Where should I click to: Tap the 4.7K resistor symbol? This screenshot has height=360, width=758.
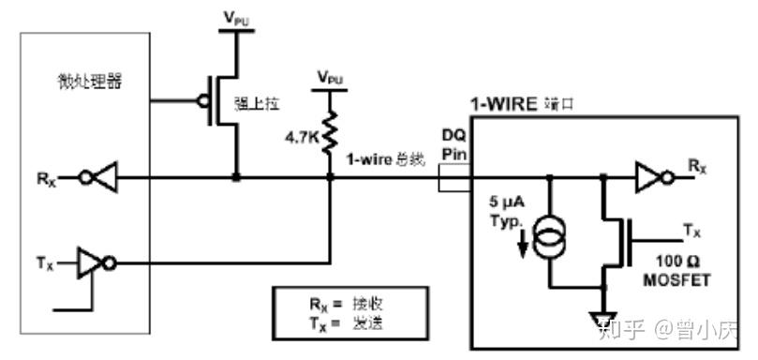pos(331,130)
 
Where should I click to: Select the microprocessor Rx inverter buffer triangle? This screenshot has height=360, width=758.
pos(106,175)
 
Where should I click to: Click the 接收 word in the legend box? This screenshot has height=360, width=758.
pos(366,305)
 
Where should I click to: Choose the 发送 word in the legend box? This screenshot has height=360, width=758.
pos(366,322)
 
